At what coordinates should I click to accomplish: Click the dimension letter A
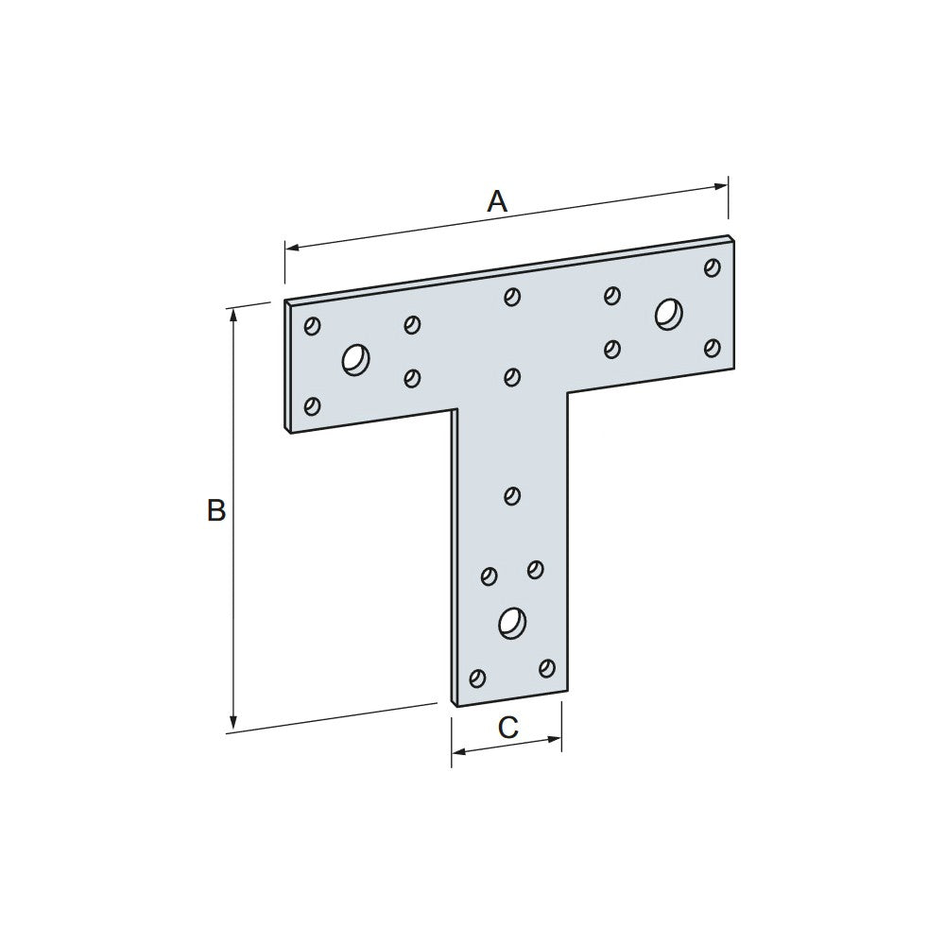(497, 201)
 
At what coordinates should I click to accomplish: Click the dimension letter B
(216, 510)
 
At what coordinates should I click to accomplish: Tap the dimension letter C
(507, 728)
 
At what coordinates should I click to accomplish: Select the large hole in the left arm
(355, 360)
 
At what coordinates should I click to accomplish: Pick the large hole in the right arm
(668, 314)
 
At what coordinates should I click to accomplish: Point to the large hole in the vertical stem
(511, 622)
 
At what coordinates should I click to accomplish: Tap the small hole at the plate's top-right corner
(713, 267)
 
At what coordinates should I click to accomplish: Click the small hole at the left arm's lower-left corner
(312, 406)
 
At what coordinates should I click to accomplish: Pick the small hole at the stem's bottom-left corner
(477, 678)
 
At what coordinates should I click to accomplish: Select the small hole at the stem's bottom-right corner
(546, 668)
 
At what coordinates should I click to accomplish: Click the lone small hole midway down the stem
(512, 494)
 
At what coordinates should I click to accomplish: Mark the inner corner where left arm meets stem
(456, 409)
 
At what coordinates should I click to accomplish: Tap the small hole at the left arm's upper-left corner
(312, 326)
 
